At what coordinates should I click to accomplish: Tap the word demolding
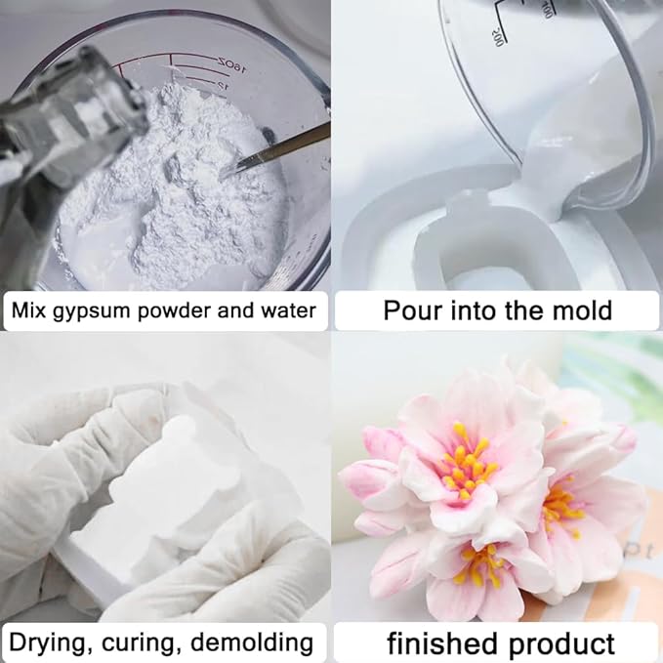tap(252, 643)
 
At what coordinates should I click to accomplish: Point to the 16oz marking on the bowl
tap(231, 65)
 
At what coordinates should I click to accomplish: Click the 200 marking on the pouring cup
tap(499, 37)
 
